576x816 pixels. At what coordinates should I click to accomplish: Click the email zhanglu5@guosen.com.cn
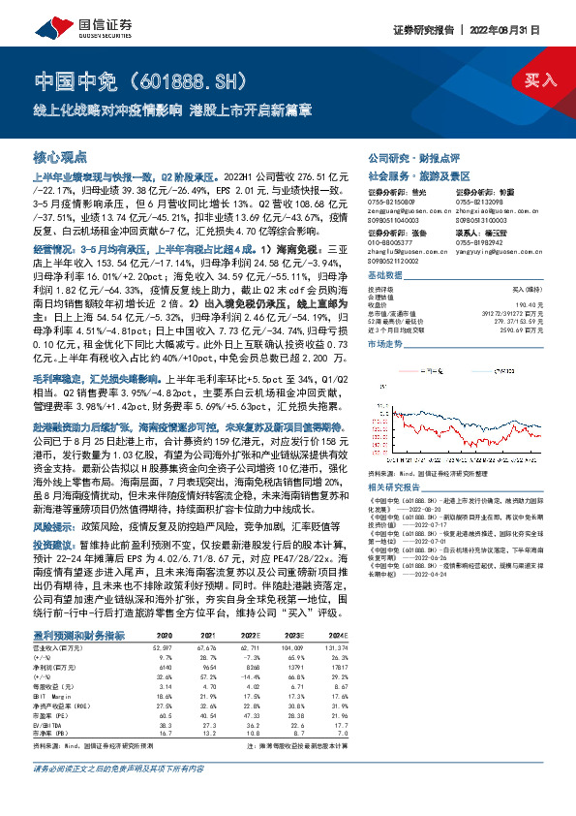pyautogui.click(x=405, y=251)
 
